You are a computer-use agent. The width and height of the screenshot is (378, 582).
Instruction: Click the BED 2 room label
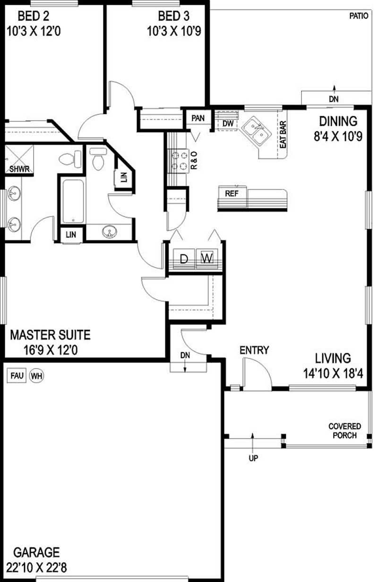click(x=33, y=16)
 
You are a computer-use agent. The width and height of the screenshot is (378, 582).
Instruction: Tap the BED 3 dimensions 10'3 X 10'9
click(x=174, y=31)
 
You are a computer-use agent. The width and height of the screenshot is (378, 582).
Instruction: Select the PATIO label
click(x=359, y=16)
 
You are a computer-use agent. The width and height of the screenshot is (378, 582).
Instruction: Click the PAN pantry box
click(x=198, y=118)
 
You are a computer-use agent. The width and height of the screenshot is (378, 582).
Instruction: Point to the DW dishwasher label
click(x=228, y=123)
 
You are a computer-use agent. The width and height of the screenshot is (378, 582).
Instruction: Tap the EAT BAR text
click(x=283, y=134)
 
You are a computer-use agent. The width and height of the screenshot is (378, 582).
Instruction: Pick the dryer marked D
click(x=184, y=259)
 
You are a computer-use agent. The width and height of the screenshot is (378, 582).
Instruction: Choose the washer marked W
click(x=207, y=259)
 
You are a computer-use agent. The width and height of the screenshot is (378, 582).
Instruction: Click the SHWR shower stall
click(x=19, y=159)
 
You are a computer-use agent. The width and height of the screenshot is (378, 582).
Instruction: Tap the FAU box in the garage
click(x=17, y=375)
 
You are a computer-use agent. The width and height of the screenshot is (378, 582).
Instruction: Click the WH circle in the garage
click(x=36, y=376)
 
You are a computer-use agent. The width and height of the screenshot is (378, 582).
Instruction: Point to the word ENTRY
click(x=254, y=350)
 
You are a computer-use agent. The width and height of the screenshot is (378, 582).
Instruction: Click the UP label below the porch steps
click(x=253, y=458)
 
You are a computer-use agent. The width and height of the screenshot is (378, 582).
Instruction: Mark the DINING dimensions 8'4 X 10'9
click(x=338, y=136)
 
